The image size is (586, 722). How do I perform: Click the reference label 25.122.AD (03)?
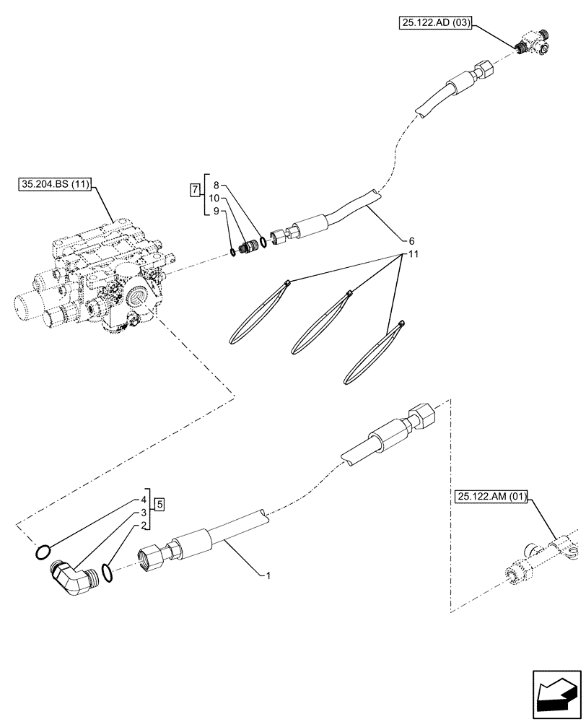tap(434, 24)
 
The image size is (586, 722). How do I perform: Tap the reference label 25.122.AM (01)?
tap(492, 496)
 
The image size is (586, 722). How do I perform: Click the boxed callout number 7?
tap(193, 191)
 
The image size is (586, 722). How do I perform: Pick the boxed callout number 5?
tap(160, 503)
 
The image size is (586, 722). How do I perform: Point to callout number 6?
tap(411, 240)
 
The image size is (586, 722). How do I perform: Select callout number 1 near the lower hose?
tap(268, 575)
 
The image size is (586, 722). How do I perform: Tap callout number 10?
tap(214, 198)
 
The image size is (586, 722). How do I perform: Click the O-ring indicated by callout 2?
tap(107, 573)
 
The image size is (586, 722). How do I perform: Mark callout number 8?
tap(217, 185)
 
